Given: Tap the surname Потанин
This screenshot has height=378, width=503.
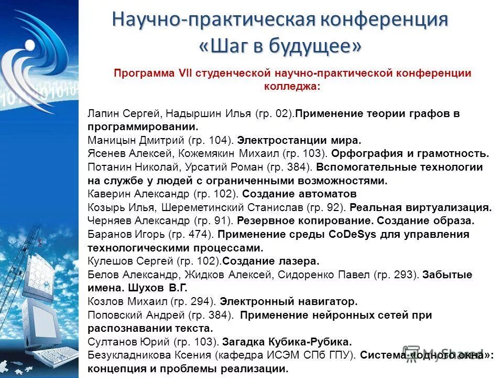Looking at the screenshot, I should tap(108, 168).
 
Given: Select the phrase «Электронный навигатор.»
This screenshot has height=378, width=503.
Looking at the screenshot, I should tap(288, 302).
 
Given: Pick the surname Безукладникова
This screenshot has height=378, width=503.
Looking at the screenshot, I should tap(127, 355).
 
